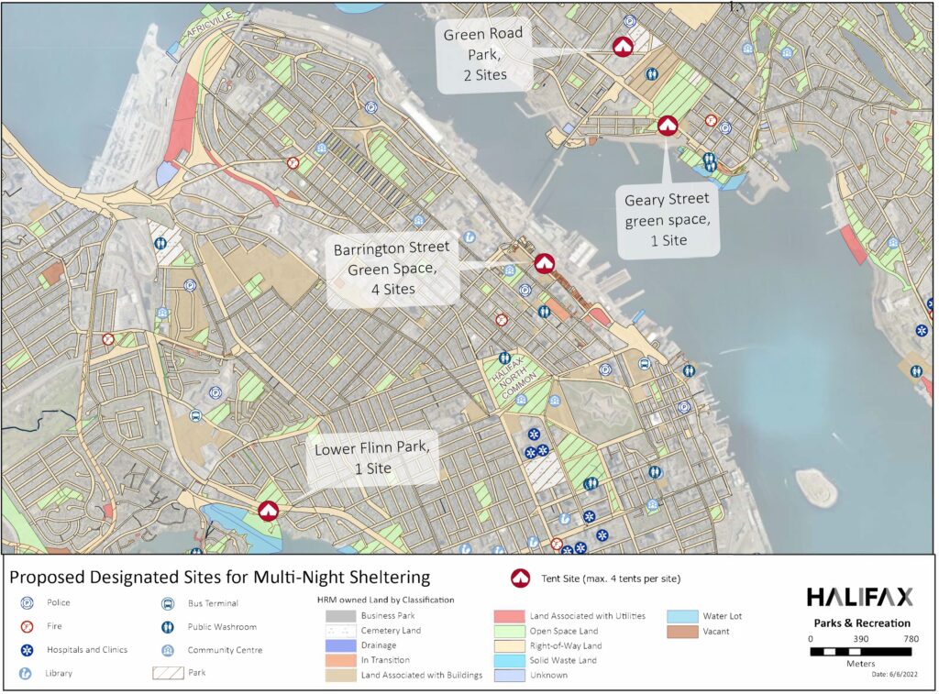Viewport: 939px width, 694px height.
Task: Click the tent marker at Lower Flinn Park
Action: coord(268,511)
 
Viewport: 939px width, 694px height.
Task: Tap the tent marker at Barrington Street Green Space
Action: coord(544,264)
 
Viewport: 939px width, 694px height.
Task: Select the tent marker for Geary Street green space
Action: coord(667,126)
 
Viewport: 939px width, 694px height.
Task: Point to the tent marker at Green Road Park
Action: coord(623,47)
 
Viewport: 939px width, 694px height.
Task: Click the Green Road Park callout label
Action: coord(483,54)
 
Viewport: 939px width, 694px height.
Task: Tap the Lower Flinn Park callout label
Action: coord(371,457)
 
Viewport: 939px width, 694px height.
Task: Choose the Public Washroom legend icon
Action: coord(169,627)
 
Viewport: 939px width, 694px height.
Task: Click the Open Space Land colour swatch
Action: coord(508,631)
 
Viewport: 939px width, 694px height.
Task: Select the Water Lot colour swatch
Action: coord(681,616)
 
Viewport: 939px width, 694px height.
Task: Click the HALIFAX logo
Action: coord(859,598)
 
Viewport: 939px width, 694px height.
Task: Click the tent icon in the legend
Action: coord(520,578)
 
